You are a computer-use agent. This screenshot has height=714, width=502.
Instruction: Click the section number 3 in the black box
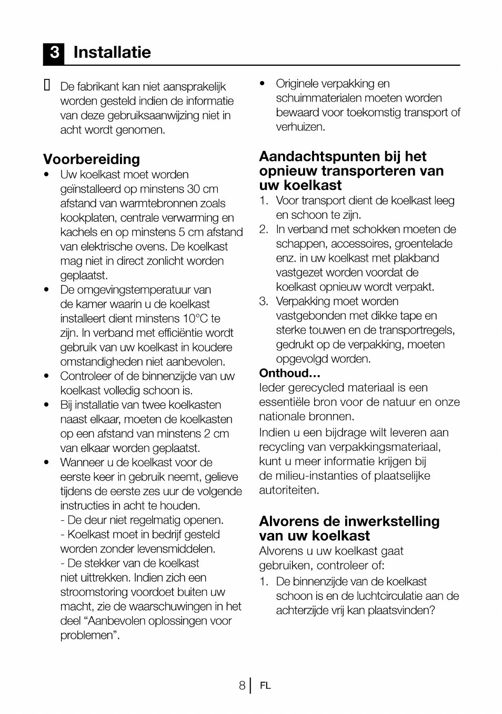click(x=54, y=53)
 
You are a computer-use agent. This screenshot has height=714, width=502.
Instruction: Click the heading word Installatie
click(x=112, y=52)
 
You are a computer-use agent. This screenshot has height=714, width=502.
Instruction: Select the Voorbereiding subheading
click(x=92, y=159)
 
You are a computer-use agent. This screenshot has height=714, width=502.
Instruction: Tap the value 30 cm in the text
click(x=203, y=189)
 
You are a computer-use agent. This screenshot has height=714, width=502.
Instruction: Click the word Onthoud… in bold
click(x=289, y=373)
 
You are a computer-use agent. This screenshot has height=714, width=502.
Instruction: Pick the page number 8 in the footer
click(x=242, y=685)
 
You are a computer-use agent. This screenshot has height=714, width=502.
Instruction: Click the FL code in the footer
click(x=265, y=686)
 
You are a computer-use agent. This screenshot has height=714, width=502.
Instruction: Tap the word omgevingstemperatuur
click(x=135, y=290)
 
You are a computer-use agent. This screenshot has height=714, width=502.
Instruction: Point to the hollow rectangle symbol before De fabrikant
click(x=47, y=85)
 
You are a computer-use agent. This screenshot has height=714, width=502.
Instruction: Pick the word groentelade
click(x=423, y=244)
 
